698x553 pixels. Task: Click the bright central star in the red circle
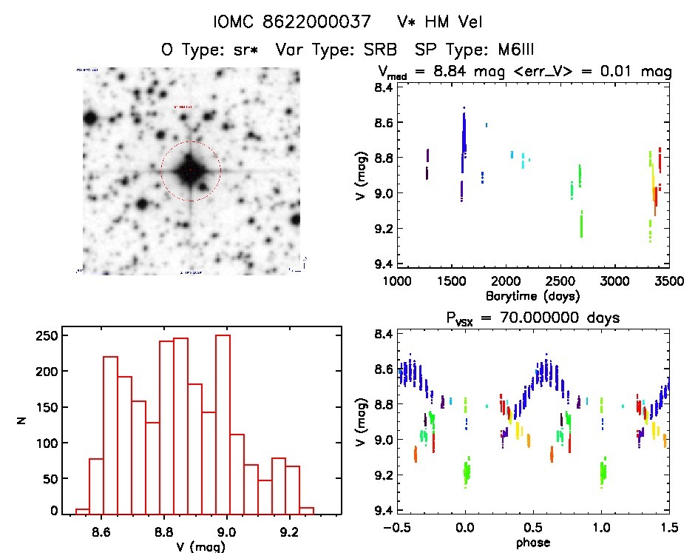pyautogui.click(x=190, y=170)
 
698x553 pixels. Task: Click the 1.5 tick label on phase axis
pyautogui.click(x=668, y=529)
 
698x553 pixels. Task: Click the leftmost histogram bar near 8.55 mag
pyautogui.click(x=82, y=510)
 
